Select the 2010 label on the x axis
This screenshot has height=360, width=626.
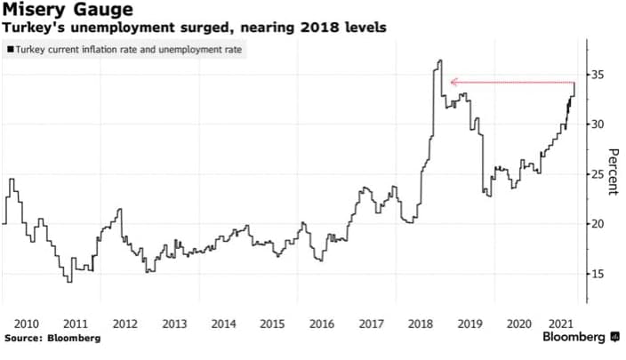pos(25,324)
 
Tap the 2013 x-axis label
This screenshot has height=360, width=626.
pos(174,324)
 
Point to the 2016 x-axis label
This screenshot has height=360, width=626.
pos(323,324)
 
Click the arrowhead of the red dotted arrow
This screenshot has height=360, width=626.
pos(453,83)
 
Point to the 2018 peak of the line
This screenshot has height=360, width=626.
pos(440,60)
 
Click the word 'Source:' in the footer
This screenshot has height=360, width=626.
pos(25,339)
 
